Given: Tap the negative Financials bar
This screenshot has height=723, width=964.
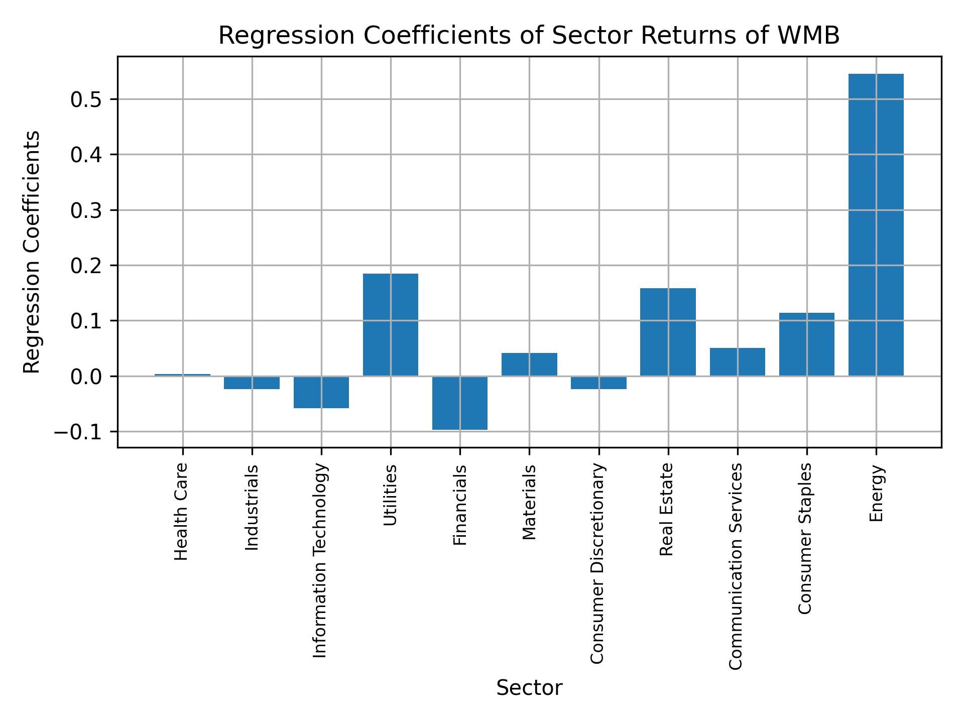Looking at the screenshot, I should [x=459, y=403].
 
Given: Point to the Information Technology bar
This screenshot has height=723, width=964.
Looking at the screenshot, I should [x=321, y=392].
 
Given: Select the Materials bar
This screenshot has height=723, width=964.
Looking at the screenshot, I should [x=529, y=364].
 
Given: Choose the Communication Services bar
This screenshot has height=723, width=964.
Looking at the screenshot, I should [x=737, y=361].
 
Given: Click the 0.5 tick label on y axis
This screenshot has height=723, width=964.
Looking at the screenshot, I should [x=86, y=100].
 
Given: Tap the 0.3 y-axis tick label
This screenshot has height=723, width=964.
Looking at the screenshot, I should [x=86, y=211].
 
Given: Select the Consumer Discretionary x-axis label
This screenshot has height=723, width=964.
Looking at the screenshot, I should [x=597, y=563].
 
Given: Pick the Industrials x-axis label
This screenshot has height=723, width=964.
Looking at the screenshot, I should [x=252, y=507].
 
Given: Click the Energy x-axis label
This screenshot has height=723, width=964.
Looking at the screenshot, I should [x=876, y=494].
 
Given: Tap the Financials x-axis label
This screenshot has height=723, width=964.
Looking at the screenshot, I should [x=460, y=505].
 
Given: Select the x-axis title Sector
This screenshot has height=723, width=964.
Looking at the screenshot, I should [x=529, y=688].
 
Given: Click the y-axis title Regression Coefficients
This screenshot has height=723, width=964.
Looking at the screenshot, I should [x=32, y=252].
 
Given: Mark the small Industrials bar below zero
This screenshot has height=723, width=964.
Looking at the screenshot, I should [x=252, y=383].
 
